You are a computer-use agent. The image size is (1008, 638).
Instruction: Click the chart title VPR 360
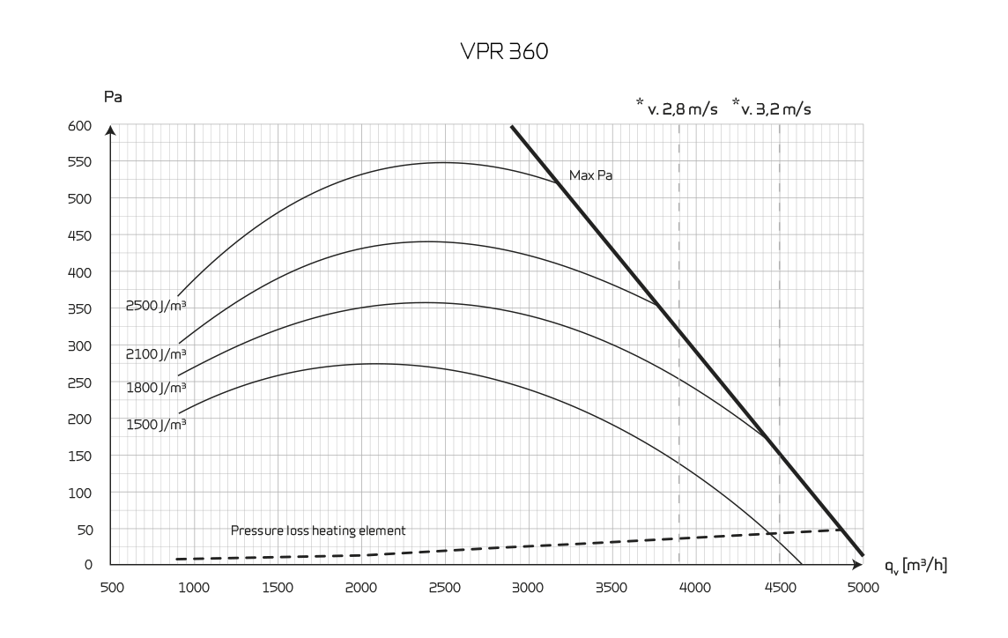[504, 54]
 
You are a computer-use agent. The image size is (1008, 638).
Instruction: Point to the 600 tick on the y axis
[80, 125]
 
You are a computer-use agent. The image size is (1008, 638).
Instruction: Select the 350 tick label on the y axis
[80, 309]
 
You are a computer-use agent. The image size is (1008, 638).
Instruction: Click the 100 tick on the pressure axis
[80, 493]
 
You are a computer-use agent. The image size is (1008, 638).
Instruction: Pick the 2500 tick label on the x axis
[444, 588]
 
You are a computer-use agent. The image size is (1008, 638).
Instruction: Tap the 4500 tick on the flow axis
[779, 588]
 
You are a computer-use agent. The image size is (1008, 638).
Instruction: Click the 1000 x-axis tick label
[194, 588]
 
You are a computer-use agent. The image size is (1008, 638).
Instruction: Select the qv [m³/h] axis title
[916, 564]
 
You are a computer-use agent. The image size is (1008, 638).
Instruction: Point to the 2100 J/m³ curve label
[156, 354]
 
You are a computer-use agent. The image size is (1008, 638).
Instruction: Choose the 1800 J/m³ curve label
[156, 387]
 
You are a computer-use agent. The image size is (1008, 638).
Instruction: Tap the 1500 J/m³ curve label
[156, 424]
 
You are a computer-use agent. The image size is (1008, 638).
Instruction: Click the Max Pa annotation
[590, 175]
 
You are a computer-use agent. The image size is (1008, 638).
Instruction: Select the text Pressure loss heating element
[318, 530]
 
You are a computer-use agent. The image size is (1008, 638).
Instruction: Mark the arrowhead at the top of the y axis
[111, 130]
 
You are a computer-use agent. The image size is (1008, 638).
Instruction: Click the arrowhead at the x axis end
[857, 564]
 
